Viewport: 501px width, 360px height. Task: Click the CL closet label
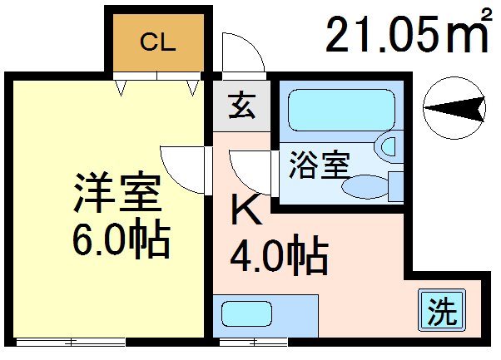156,42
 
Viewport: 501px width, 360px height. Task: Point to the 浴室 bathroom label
318,163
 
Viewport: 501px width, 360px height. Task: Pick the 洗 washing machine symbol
442,311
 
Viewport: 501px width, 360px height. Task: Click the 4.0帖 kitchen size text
277,257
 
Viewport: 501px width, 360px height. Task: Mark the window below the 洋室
71,341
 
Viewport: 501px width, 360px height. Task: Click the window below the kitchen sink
254,341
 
